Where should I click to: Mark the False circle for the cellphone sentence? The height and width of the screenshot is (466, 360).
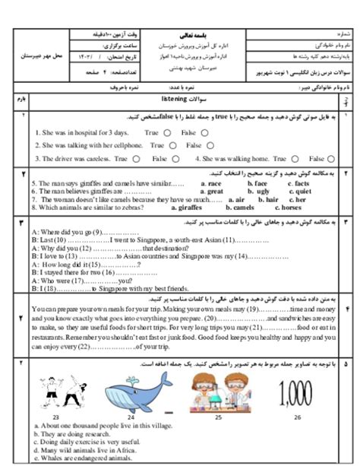coord(200,145)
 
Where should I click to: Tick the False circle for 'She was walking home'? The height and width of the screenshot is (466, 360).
coord(332,159)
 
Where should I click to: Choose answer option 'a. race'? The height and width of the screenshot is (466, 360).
coord(210,184)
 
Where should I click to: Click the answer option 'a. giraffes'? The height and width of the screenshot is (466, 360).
coord(189,207)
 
